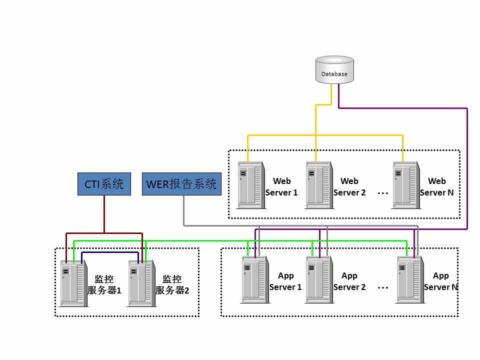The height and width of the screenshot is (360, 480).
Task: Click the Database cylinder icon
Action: pyautogui.click(x=334, y=69)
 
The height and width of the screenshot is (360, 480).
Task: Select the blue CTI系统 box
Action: pyautogui.click(x=104, y=184)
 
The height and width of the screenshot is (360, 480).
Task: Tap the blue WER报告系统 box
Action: pyautogui.click(x=181, y=184)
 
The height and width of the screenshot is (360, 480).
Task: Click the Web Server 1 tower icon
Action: pyautogui.click(x=250, y=184)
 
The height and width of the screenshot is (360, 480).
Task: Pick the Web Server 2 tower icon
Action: pyautogui.click(x=318, y=184)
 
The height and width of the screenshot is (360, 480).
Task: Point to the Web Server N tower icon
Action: pyautogui.click(x=405, y=184)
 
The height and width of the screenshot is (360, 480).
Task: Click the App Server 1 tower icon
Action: pyautogui.click(x=255, y=279)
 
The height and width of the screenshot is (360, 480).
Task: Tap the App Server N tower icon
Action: pyautogui.click(x=410, y=279)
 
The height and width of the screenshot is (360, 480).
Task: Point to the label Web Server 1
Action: pyautogui.click(x=281, y=187)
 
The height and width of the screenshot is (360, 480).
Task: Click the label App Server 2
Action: pyautogui.click(x=349, y=281)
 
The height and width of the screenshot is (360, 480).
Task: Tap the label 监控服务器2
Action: pyautogui.click(x=172, y=285)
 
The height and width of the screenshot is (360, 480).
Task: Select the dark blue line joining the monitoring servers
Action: pyautogui.click(x=110, y=252)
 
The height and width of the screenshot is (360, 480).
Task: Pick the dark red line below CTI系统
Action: pyautogui.click(x=104, y=215)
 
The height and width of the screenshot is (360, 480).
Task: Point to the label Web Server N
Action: pyautogui.click(x=437, y=187)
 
